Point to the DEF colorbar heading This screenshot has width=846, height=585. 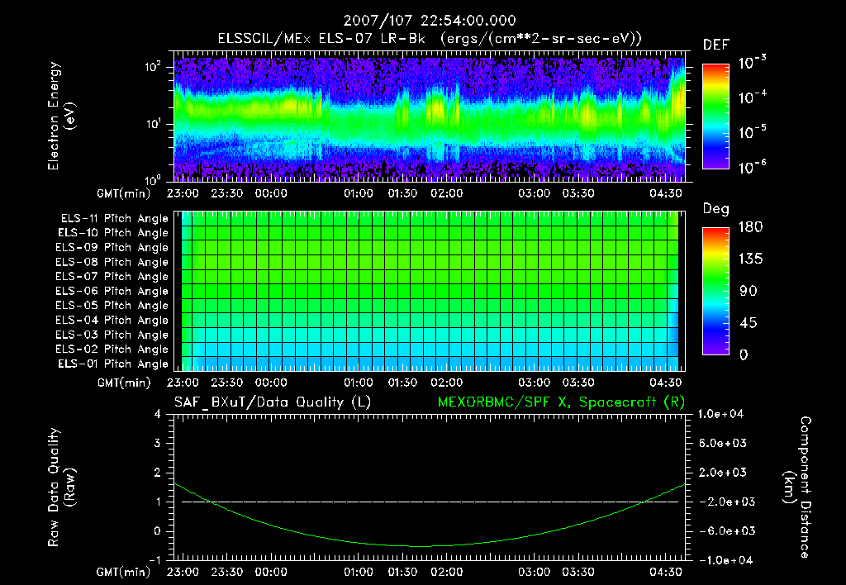715,45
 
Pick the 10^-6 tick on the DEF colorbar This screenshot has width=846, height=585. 753,167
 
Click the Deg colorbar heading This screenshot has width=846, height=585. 715,209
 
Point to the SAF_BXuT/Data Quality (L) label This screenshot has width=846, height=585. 272,402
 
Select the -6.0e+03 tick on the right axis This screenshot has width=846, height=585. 724,530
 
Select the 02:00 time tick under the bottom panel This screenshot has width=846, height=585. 447,572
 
